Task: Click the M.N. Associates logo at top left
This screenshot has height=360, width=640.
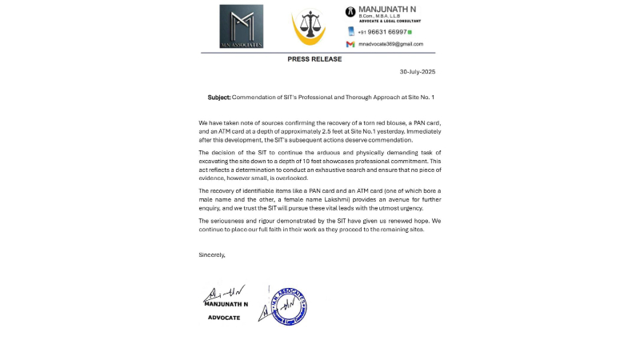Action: tap(241, 26)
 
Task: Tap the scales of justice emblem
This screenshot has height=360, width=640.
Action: tap(308, 27)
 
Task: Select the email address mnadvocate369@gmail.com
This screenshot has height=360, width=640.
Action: tap(390, 44)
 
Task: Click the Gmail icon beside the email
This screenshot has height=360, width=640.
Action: tap(350, 44)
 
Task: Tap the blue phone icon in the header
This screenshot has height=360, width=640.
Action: tap(350, 32)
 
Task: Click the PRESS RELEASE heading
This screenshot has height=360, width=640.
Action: tap(314, 59)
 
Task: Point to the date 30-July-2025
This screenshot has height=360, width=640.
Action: tap(418, 72)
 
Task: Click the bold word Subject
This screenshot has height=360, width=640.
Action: tap(218, 98)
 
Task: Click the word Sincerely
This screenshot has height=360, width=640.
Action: tap(212, 254)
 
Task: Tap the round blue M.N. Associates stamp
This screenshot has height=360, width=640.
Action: tap(289, 306)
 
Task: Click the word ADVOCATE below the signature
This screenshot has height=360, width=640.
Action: tap(224, 318)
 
